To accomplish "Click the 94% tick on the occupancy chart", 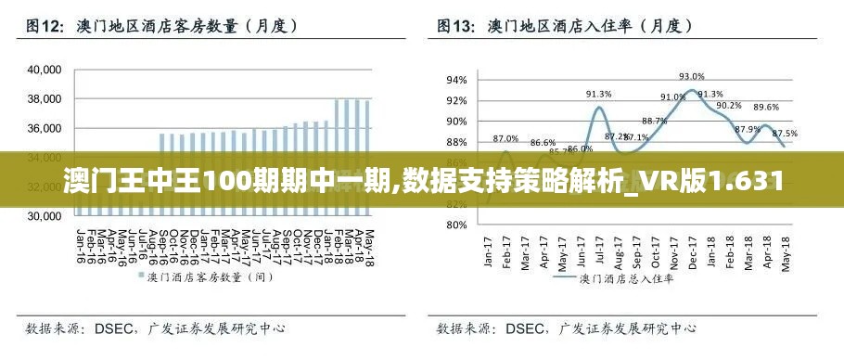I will [x=456, y=80].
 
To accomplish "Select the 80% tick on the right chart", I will [x=456, y=225].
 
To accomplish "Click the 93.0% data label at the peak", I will [x=692, y=77].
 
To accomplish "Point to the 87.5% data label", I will [x=785, y=133].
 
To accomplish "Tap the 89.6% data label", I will [x=766, y=108].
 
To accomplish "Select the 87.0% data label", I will [x=505, y=138].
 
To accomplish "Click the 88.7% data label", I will [x=654, y=121].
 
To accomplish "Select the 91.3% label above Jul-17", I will [x=598, y=94].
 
